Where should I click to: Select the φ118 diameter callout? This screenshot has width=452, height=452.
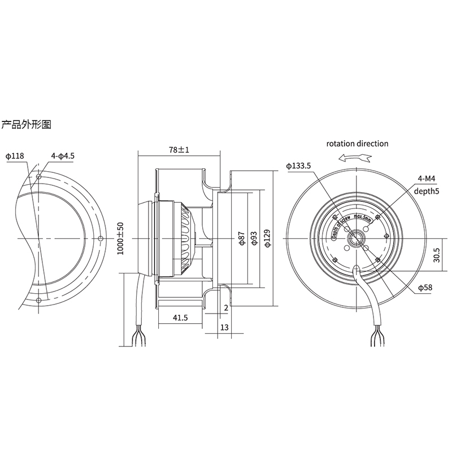point(15,156)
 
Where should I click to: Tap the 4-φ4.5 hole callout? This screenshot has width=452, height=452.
point(63,156)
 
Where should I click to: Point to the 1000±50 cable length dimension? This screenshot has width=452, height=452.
point(120,238)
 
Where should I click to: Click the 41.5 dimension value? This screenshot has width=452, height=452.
point(180,319)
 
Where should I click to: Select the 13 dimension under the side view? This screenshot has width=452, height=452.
point(225,327)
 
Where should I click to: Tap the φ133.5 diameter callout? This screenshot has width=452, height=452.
point(299,166)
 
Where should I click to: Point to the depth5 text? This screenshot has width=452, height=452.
point(427,192)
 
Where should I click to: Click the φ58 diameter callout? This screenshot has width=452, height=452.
point(425,288)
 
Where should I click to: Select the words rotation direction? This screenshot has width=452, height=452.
point(358,144)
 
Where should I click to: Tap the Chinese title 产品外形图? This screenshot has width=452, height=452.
point(27,125)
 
